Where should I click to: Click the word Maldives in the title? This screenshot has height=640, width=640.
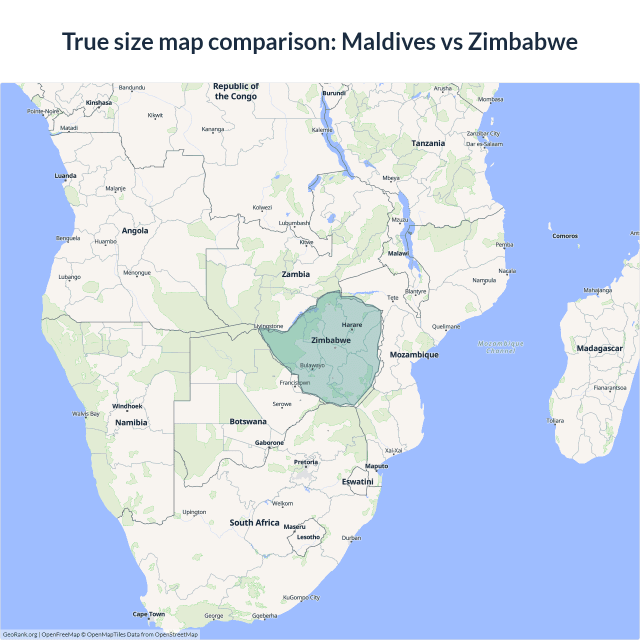(388, 41)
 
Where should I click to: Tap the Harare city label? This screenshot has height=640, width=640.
(352, 325)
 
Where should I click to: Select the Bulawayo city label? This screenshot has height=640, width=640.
(312, 365)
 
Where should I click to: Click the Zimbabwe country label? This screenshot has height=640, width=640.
(331, 340)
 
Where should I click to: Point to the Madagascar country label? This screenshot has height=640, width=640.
(599, 348)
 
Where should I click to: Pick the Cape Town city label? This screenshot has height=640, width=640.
(148, 614)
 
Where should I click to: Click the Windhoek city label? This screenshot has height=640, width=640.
(127, 406)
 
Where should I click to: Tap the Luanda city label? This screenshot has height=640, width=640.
(65, 176)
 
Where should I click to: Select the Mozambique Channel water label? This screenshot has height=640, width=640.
(500, 347)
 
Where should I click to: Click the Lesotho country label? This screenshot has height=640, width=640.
(308, 537)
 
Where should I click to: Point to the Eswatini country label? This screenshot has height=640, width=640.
(357, 481)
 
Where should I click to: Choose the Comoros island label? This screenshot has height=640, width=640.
(565, 236)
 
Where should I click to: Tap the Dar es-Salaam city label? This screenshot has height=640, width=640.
(484, 144)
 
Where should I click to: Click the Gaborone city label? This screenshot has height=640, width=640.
(269, 443)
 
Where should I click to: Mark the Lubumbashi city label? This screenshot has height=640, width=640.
(294, 223)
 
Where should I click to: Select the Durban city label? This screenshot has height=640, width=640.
(351, 538)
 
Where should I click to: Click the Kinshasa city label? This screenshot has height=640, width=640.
(98, 103)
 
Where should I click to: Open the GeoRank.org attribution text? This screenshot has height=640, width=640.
(20, 634)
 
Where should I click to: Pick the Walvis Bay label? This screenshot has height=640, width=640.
(85, 413)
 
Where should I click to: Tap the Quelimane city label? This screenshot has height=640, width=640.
(446, 326)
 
